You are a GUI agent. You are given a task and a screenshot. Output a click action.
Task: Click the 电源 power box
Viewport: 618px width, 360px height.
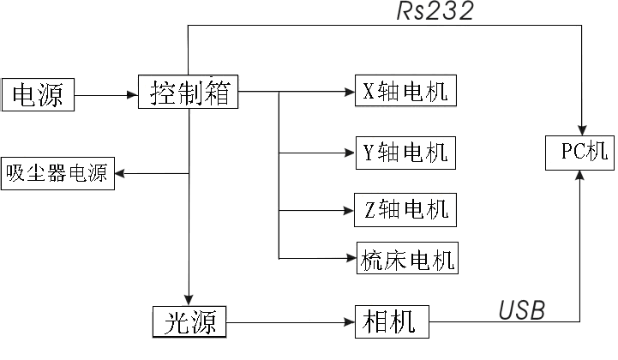pyautogui.click(x=38, y=94)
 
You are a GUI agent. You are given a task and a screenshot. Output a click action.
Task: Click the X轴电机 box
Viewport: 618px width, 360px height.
pyautogui.click(x=405, y=91)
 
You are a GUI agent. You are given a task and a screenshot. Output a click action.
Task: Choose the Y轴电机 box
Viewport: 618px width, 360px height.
pyautogui.click(x=405, y=153)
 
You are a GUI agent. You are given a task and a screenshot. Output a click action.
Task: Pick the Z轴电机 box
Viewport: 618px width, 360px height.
pyautogui.click(x=405, y=209)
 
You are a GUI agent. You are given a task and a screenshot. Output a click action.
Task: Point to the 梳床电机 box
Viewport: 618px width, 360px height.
pyautogui.click(x=407, y=258)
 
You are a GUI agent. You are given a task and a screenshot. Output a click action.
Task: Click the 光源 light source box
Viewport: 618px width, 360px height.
pyautogui.click(x=189, y=323)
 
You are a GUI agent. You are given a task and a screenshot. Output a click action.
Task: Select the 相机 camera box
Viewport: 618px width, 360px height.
pyautogui.click(x=391, y=323)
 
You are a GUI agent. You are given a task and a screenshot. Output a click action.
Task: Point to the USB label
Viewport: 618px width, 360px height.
pyautogui.click(x=521, y=310)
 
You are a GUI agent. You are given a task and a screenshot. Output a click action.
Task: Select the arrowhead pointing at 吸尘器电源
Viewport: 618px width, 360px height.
pyautogui.click(x=121, y=174)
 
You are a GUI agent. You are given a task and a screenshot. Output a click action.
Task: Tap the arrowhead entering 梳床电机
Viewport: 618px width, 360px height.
pyautogui.click(x=350, y=258)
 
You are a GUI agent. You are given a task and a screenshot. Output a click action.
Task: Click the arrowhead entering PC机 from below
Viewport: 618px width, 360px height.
pyautogui.click(x=581, y=174)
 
